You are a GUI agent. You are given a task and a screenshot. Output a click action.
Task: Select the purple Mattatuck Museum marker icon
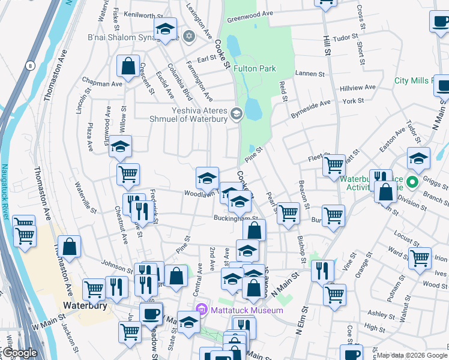(202, 310)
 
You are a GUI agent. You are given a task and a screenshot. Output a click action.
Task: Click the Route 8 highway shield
(29, 64)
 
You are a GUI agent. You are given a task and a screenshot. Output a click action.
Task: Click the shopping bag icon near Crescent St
(128, 67)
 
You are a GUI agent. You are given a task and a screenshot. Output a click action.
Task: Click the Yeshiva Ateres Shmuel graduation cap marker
(237, 113)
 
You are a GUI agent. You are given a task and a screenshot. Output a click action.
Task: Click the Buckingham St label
(236, 218)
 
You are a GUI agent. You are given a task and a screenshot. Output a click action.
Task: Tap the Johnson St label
(116, 263)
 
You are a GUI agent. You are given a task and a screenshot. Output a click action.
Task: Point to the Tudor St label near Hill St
(345, 37)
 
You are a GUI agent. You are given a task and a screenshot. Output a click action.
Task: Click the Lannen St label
(310, 74)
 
